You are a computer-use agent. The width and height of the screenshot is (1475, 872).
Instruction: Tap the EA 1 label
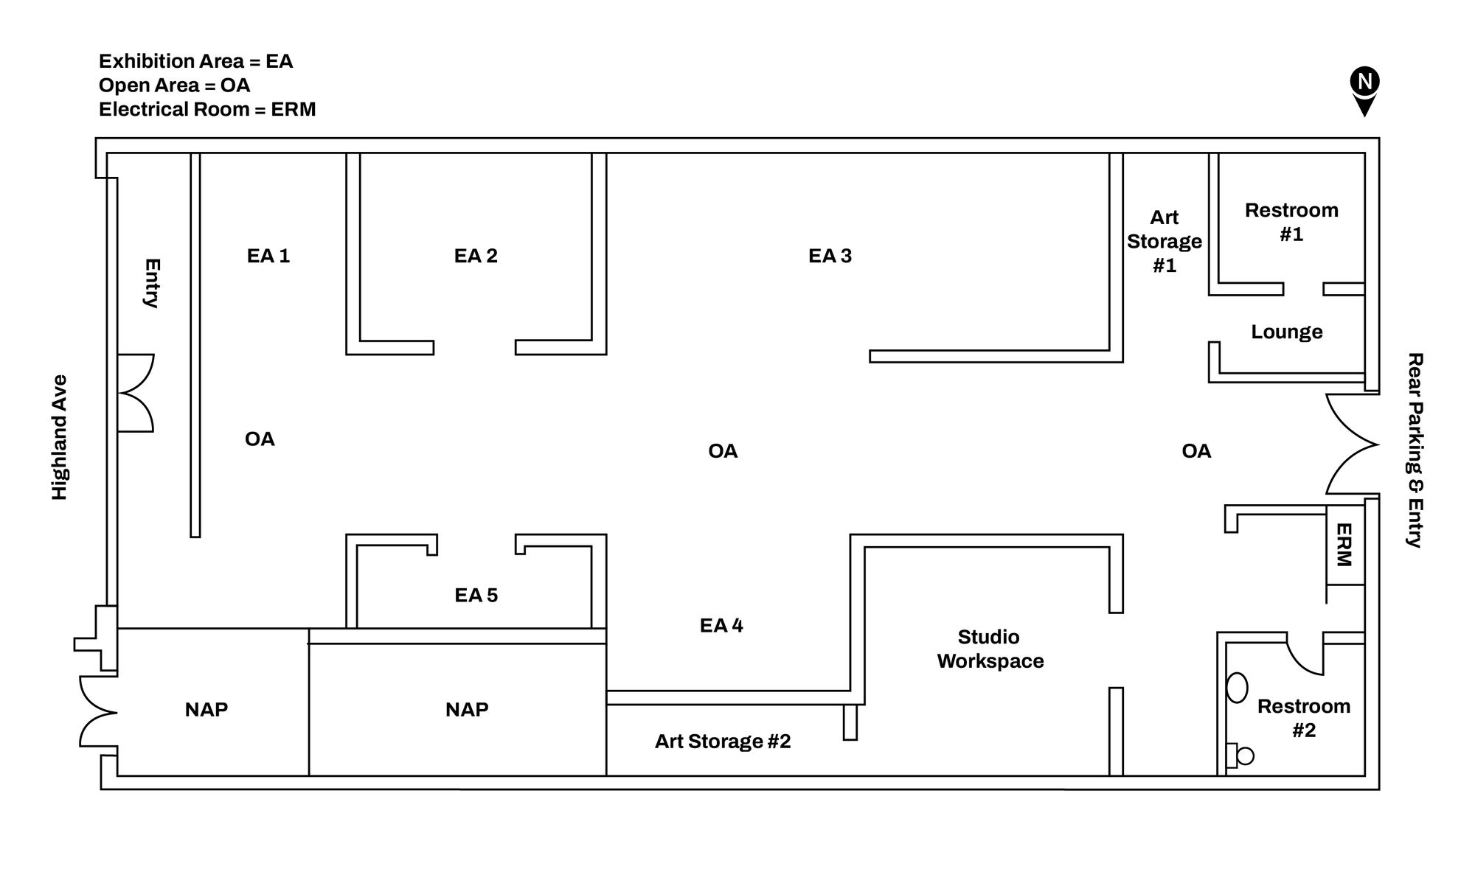(x=268, y=256)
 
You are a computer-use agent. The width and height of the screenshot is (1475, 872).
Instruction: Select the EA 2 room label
(x=476, y=256)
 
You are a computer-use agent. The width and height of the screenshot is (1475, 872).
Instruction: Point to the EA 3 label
(x=830, y=256)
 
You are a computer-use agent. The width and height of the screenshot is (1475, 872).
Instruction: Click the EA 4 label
(x=721, y=626)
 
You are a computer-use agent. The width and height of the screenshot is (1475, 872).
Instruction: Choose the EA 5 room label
(x=476, y=595)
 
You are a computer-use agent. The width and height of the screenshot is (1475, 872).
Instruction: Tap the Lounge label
(x=1286, y=332)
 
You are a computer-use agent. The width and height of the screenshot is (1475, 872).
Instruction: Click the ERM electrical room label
(x=1344, y=545)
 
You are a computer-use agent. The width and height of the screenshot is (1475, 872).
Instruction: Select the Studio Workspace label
(x=990, y=649)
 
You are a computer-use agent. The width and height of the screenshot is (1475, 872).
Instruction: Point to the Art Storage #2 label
(x=722, y=742)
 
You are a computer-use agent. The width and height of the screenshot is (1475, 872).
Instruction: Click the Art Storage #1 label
(x=1164, y=241)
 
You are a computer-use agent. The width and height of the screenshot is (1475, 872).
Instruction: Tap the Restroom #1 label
(x=1291, y=222)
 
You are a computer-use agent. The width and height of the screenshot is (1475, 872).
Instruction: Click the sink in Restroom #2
(x=1237, y=688)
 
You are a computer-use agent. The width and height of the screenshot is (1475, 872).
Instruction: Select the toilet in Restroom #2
(x=1240, y=756)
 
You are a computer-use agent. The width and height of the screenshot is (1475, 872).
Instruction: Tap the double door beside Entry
(x=136, y=392)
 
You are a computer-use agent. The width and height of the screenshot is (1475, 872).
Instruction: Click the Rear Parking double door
(x=1351, y=444)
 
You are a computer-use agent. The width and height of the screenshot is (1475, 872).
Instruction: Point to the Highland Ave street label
(x=60, y=437)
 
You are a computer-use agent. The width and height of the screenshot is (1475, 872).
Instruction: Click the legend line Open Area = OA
(x=174, y=86)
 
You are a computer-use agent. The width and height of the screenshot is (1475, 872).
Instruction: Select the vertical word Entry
(x=152, y=283)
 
